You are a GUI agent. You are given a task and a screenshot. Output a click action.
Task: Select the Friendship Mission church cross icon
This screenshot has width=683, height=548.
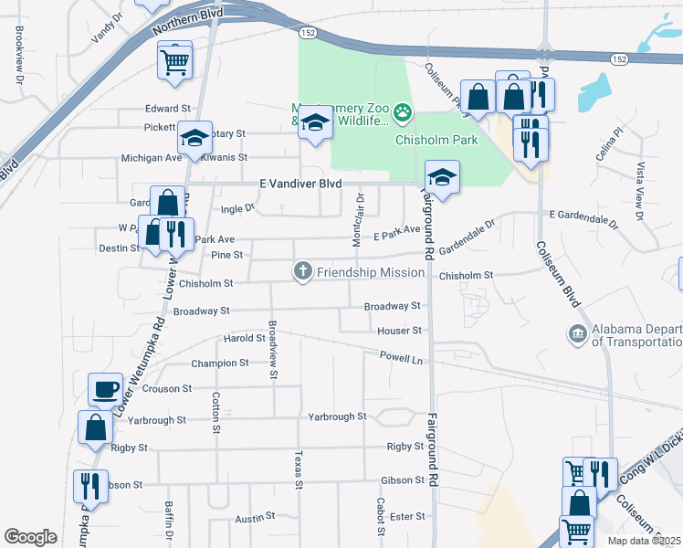pyautogui.click(x=302, y=271)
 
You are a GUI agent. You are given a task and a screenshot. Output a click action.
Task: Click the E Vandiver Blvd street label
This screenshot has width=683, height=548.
pyautogui.click(x=300, y=184)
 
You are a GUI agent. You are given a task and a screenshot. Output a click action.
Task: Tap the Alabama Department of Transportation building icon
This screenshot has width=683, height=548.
pyautogui.click(x=577, y=334)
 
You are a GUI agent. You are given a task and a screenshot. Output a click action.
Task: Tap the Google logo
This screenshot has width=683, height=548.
pyautogui.click(x=30, y=536)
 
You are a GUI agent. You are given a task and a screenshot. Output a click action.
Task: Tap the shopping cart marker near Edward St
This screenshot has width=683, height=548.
pyautogui.click(x=174, y=62)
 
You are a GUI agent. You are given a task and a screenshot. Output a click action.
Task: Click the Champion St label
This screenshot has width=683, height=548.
pyautogui.click(x=219, y=364)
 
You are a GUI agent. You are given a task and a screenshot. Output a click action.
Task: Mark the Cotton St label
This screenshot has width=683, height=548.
pyautogui.click(x=216, y=413)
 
